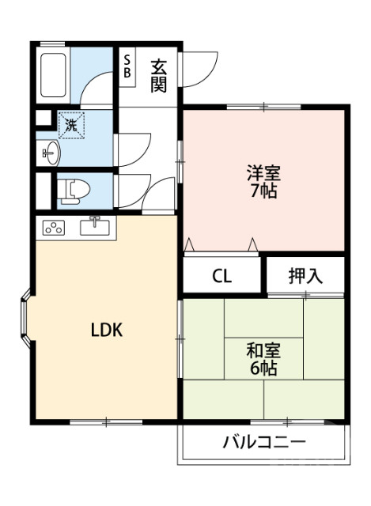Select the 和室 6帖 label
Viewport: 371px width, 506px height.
pyautogui.click(x=263, y=358)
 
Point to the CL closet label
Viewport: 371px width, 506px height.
pyautogui.click(x=222, y=276)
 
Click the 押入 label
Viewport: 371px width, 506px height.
pyautogui.click(x=305, y=276)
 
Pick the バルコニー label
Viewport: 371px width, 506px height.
pyautogui.click(x=263, y=443)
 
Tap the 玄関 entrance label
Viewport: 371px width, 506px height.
pyautogui.click(x=159, y=74)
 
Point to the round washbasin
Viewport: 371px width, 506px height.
pyautogui.click(x=50, y=153)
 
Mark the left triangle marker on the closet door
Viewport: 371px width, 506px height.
pyautogui.click(x=190, y=245)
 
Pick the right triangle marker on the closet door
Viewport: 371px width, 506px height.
pyautogui.click(x=254, y=245)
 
